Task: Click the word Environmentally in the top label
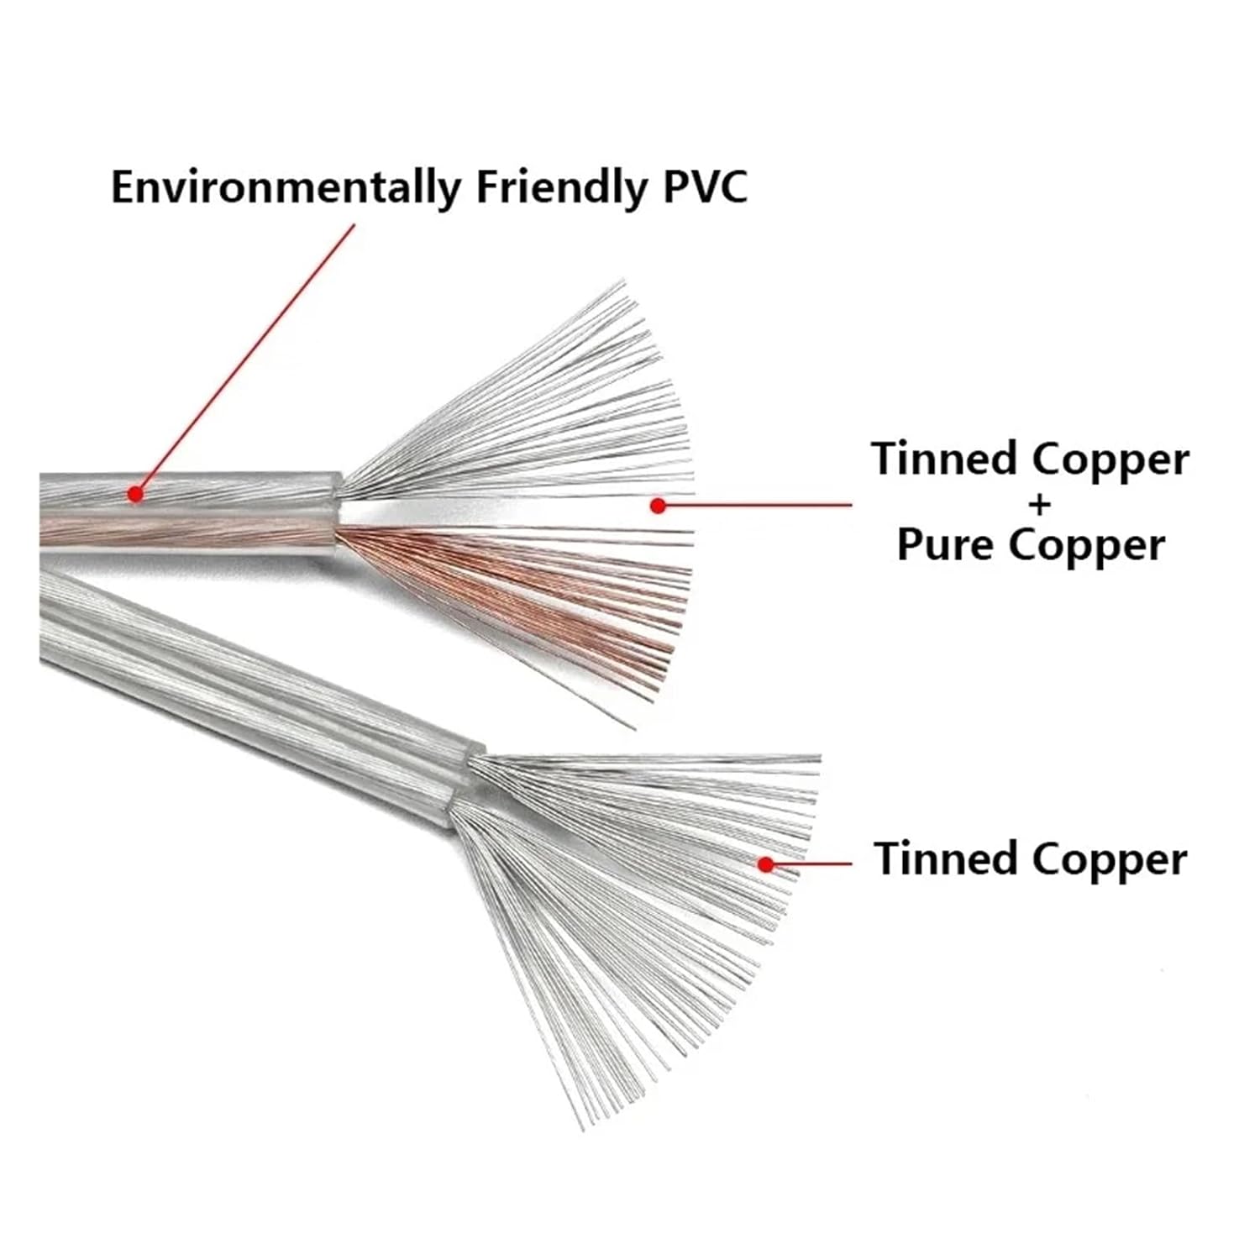click(285, 187)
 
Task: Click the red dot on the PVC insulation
click(135, 494)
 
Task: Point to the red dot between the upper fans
click(658, 505)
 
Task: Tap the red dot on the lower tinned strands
click(765, 863)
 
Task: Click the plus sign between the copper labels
click(1040, 505)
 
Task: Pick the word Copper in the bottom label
click(1109, 858)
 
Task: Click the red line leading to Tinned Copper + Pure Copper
click(756, 505)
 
